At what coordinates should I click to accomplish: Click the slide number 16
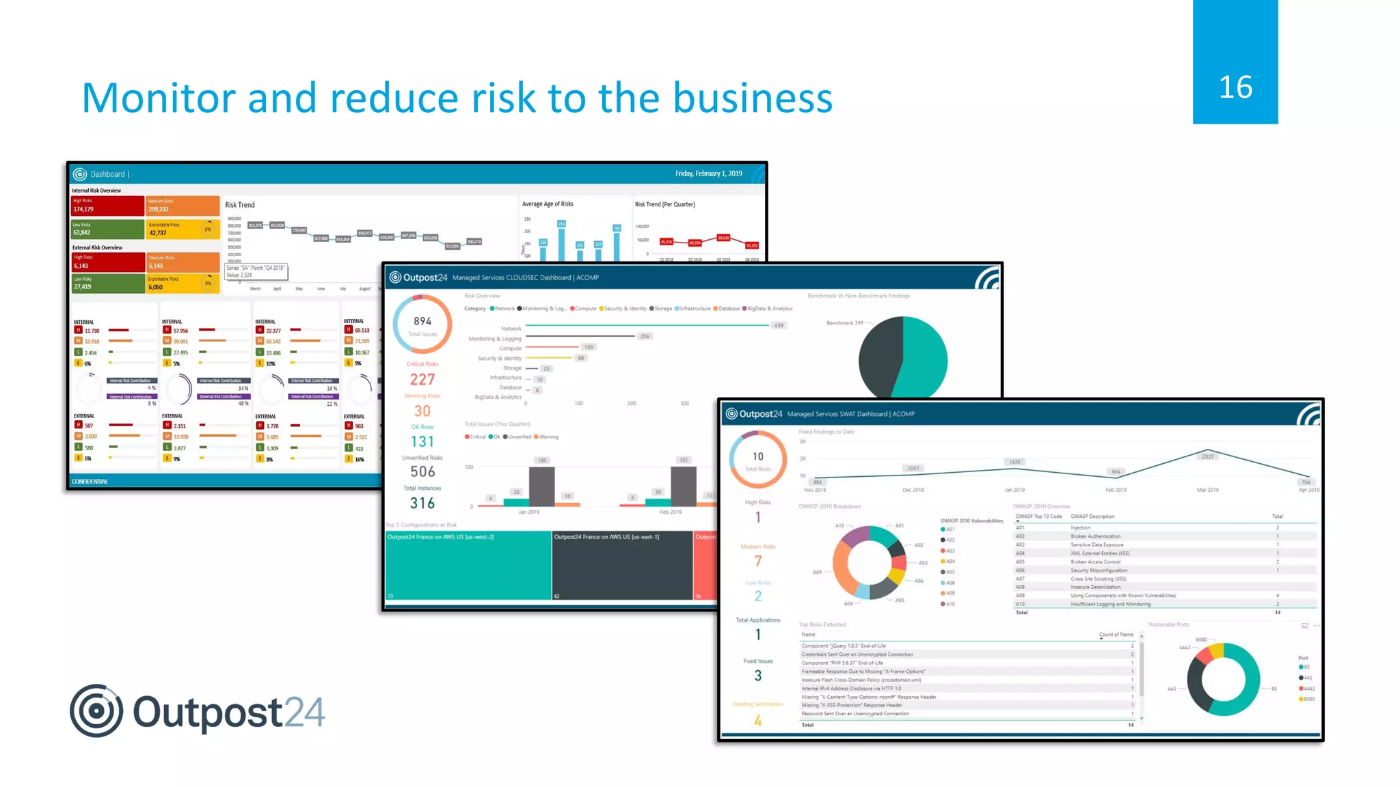coord(1235,87)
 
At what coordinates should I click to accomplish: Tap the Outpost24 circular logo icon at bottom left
coord(96,710)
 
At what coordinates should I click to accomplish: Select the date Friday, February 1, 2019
coord(708,174)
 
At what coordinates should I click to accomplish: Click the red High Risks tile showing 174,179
coord(107,205)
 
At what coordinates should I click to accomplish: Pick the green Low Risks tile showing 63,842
coord(107,229)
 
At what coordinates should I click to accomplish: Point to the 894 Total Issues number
coord(422,321)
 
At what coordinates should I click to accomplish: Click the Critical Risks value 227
coord(422,379)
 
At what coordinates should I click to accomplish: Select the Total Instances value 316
coord(422,503)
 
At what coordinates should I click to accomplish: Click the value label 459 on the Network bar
coord(779,325)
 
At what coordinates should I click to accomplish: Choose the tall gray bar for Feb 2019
coord(683,486)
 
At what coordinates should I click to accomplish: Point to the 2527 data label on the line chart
coord(1208,456)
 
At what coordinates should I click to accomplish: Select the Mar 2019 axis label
coord(1208,490)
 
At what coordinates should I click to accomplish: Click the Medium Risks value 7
coord(758,561)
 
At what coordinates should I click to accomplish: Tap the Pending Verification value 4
coord(758,720)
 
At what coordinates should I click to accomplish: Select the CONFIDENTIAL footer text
coord(90,482)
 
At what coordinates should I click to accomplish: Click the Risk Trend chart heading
coord(240,205)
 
